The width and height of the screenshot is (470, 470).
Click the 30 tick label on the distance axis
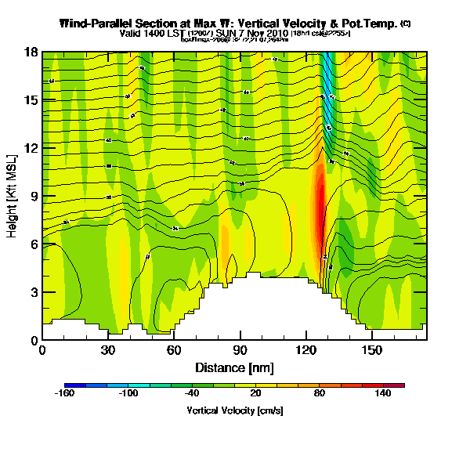[108, 350]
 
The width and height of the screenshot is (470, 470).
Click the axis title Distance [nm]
[234, 367]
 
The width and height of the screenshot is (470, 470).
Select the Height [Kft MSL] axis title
[13, 197]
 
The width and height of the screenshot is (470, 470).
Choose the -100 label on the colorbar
[128, 395]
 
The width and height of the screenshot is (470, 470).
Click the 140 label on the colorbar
[383, 395]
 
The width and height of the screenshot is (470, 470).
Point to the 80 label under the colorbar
[319, 395]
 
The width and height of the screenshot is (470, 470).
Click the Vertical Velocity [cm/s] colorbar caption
[234, 410]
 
